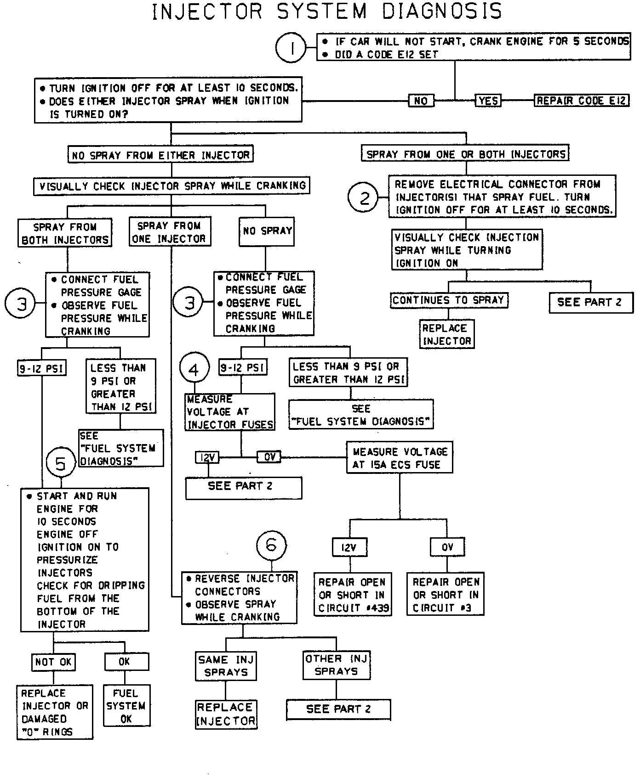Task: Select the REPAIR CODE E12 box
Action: coord(582,101)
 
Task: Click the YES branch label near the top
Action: coord(488,101)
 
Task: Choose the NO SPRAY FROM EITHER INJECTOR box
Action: coord(160,155)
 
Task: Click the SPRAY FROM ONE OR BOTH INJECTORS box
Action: coord(465,154)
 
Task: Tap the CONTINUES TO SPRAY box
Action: coord(448,300)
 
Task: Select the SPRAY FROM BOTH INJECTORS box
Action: coord(65,233)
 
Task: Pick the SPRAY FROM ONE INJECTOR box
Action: coord(169,232)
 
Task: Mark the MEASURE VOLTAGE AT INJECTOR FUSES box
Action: coord(230,412)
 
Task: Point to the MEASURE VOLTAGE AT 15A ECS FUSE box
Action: coord(400,458)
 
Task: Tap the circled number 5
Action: coord(61,463)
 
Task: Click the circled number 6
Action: coord(271,545)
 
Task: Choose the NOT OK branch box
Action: coord(53,662)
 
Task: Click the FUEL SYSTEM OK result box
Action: coord(126,706)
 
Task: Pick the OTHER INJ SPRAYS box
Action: coord(337,665)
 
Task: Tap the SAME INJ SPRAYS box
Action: coord(226,666)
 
